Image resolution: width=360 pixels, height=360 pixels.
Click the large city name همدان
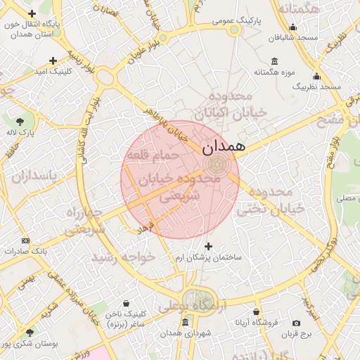pyautogui.click(x=223, y=148)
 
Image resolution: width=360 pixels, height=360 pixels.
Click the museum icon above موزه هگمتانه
pyautogui.click(x=274, y=61)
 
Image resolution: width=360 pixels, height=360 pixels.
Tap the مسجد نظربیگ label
pyautogui.click(x=317, y=86)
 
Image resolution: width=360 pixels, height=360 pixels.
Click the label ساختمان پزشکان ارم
pyautogui.click(x=208, y=257)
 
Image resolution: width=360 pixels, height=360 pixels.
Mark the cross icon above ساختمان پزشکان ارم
pyautogui.click(x=207, y=246)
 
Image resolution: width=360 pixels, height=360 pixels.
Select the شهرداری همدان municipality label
pyautogui.click(x=185, y=333)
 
